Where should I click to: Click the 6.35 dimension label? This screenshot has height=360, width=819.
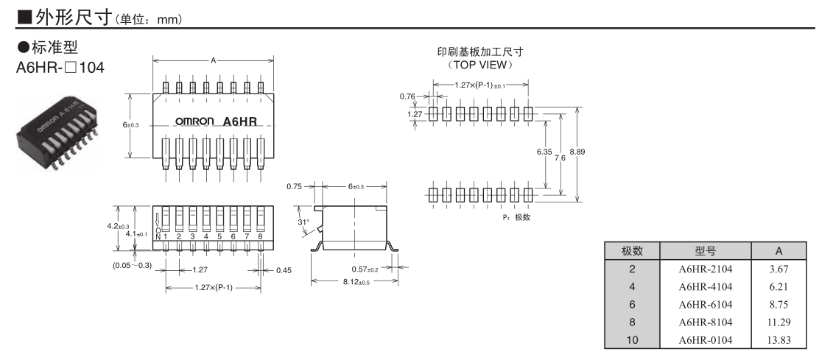[544, 151]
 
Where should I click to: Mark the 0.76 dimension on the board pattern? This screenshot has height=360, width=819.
[407, 96]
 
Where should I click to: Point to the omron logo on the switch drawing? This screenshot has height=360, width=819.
[194, 121]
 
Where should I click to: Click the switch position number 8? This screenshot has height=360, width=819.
[260, 236]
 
